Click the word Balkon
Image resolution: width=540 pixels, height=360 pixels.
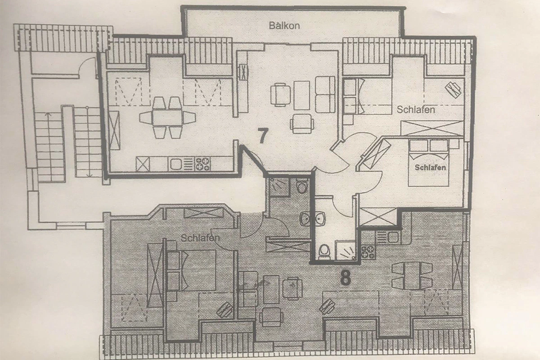pyautogui.click(x=284, y=26)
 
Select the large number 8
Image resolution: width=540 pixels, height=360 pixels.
pyautogui.click(x=345, y=278)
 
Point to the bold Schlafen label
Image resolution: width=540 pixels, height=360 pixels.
pyautogui.click(x=431, y=167)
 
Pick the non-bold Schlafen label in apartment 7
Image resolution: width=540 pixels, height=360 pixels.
pyautogui.click(x=415, y=109)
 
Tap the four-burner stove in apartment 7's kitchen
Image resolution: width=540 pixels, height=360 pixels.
pyautogui.click(x=202, y=163)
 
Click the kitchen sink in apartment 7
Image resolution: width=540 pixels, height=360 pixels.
pyautogui.click(x=175, y=164)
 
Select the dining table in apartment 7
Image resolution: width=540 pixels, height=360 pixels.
pyautogui.click(x=167, y=118)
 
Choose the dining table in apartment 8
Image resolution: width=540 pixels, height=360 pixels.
pyautogui.click(x=412, y=275)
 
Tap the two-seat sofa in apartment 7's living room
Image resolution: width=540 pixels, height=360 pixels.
pyautogui.click(x=325, y=94)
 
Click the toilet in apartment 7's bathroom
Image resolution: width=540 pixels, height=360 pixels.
pyautogui.click(x=324, y=252)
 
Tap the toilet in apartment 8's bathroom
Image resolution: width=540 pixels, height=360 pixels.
pyautogui.click(x=301, y=185)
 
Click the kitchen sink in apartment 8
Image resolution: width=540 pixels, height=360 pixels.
pyautogui.click(x=392, y=235)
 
